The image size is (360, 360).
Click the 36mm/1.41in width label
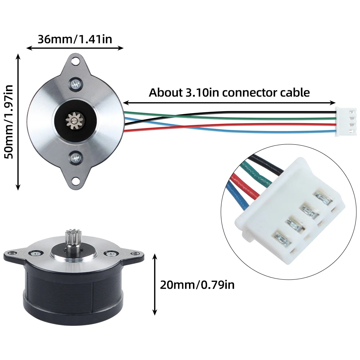pyautogui.click(x=75, y=39)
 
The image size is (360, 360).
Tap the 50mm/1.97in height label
pyautogui.click(x=9, y=122)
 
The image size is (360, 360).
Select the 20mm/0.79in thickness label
pyautogui.click(x=197, y=285)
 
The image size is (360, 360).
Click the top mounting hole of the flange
pyautogui.click(x=75, y=62)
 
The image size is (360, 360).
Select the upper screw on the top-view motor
pyautogui.click(x=75, y=84)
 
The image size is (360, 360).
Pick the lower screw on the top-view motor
pyautogui.click(x=75, y=158)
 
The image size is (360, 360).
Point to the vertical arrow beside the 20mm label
pyautogui.click(x=155, y=284)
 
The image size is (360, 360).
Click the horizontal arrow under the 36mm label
pyautogui.click(x=75, y=48)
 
